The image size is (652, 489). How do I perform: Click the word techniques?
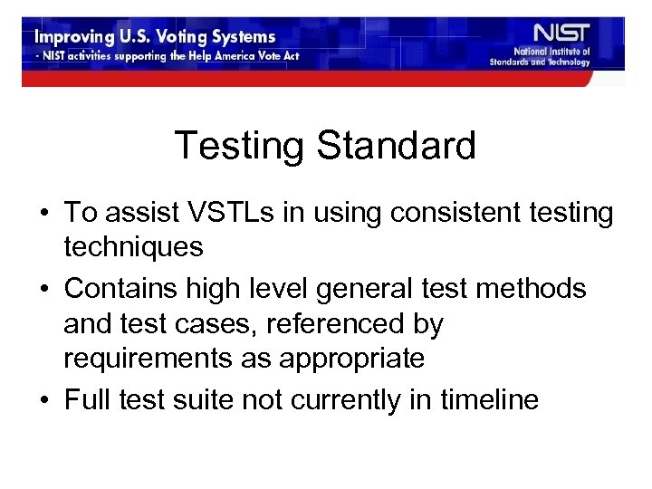tap(133, 246)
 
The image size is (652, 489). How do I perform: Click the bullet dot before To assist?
tap(43, 216)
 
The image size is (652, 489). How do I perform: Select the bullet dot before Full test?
tap(43, 400)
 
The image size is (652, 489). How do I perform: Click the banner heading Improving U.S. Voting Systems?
tap(155, 37)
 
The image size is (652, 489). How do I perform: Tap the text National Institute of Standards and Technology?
tap(552, 57)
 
